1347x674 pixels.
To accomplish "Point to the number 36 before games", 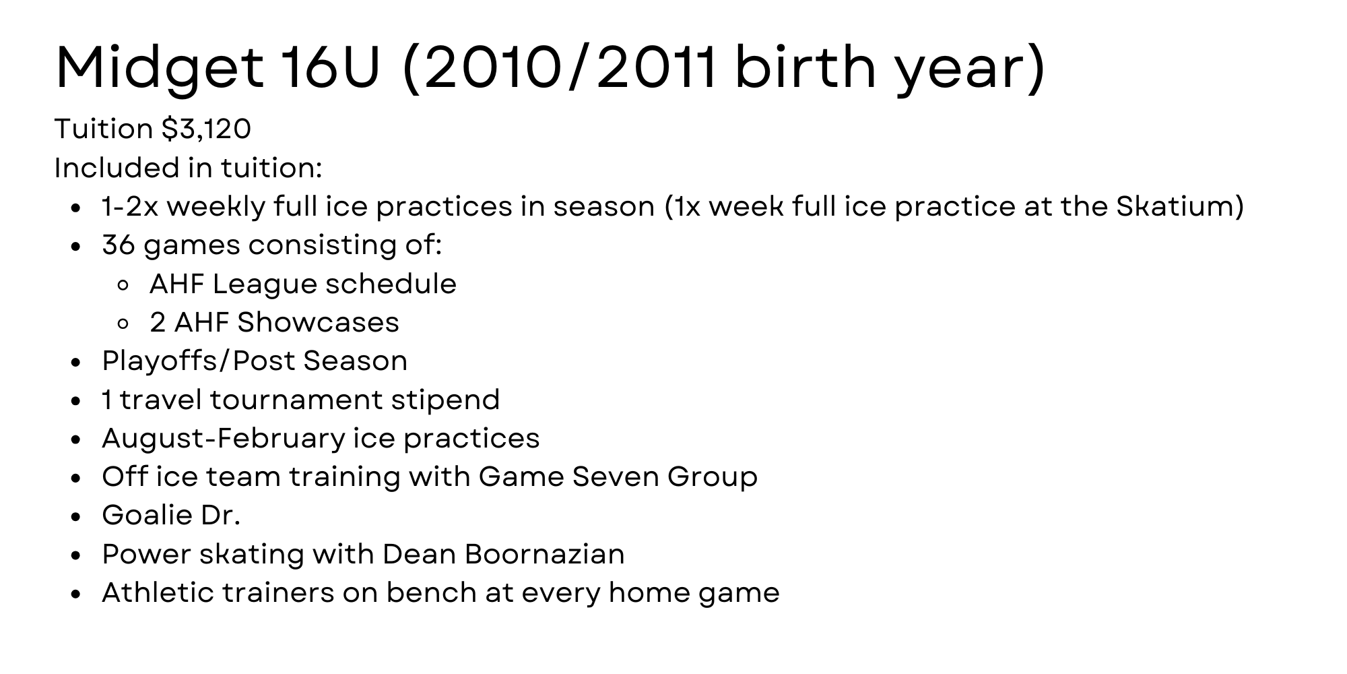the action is [x=119, y=245].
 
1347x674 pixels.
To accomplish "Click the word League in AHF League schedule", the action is [x=256, y=284].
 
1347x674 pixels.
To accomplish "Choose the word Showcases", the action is [x=319, y=322].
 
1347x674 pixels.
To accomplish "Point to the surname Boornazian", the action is [x=544, y=555].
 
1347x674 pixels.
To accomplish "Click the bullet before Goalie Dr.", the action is [x=76, y=517].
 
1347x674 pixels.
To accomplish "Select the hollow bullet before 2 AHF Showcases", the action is [x=123, y=324].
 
